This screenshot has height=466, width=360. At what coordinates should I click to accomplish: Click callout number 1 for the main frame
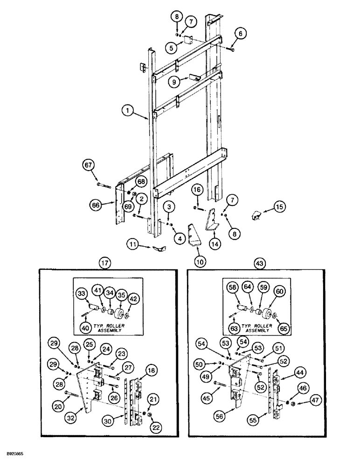point(126,111)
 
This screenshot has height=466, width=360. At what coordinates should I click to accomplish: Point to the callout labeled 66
point(96,204)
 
